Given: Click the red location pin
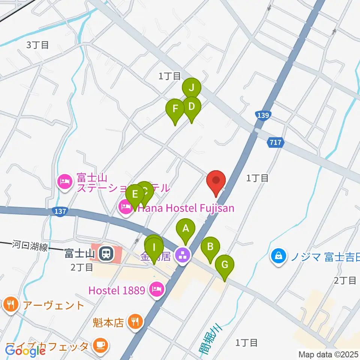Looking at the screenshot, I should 216,181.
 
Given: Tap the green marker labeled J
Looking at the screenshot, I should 192,88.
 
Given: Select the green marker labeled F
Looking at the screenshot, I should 175,109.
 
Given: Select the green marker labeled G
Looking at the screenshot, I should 225,265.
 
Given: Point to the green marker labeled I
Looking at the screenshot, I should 154,248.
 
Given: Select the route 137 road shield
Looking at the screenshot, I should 60,212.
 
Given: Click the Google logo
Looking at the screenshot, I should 25,351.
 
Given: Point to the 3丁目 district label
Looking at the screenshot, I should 37,45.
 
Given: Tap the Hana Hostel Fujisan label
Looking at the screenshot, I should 186,208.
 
